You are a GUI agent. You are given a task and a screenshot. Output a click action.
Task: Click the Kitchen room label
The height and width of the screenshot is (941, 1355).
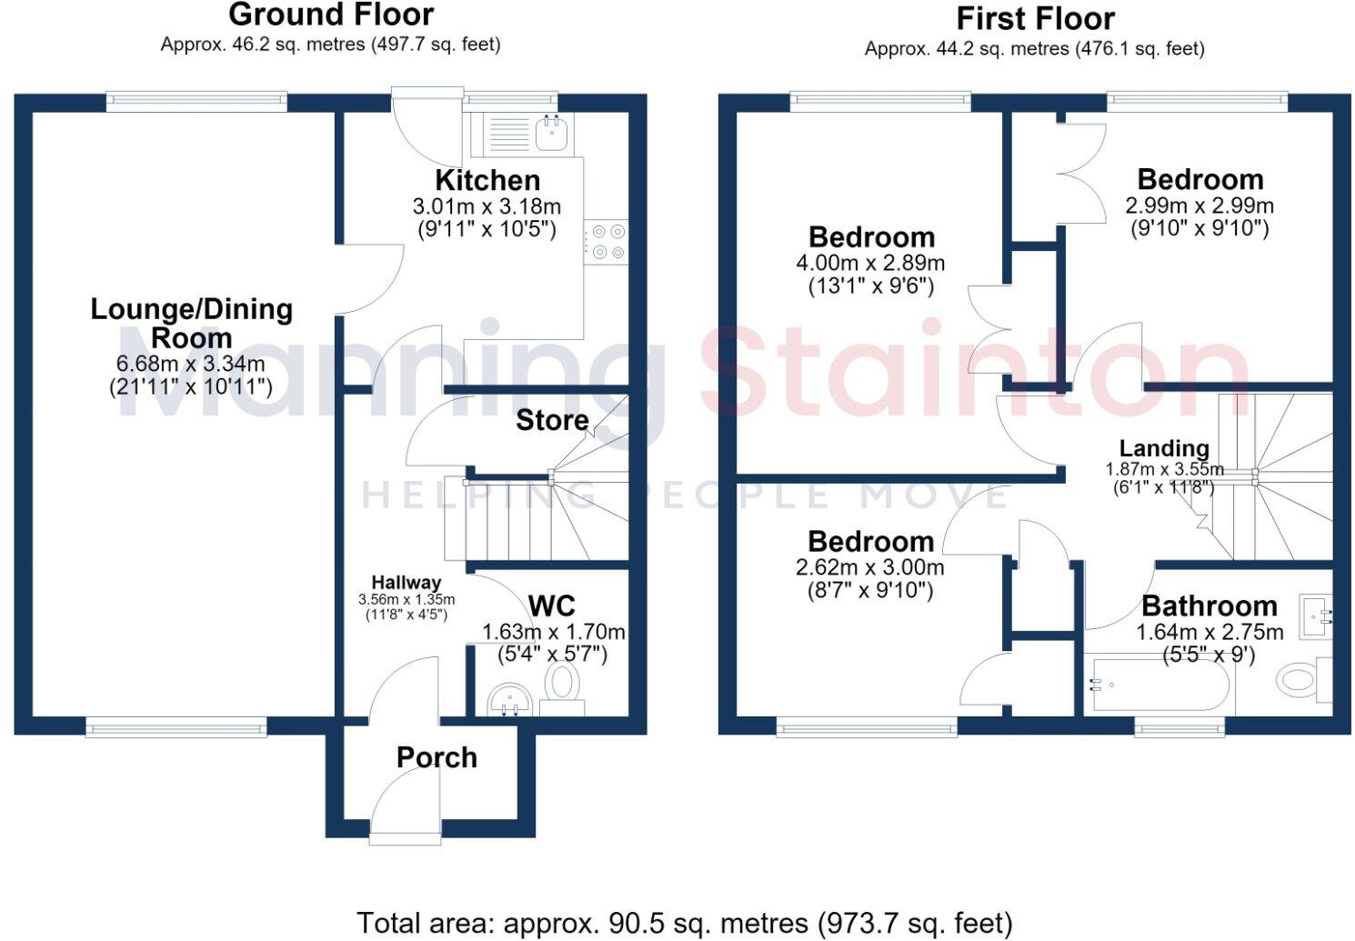[x=487, y=181]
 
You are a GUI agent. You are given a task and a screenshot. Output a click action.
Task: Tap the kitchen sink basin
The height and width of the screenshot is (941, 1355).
[x=551, y=133]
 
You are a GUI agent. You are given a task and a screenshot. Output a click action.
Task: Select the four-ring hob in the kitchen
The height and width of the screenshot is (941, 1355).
[x=607, y=242]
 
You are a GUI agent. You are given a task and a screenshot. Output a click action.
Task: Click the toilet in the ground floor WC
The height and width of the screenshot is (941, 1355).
[x=562, y=689]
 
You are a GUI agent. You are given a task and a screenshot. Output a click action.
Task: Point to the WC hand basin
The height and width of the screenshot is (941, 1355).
[x=509, y=700]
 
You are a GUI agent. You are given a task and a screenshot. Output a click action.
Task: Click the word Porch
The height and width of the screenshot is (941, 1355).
[x=437, y=757]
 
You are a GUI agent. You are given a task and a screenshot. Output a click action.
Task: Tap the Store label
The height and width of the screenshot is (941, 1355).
[x=552, y=420]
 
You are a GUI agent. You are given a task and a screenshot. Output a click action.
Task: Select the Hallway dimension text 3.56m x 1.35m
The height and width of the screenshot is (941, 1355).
[x=406, y=600]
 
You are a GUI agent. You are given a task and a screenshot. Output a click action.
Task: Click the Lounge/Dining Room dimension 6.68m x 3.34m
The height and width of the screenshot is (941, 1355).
[x=191, y=364]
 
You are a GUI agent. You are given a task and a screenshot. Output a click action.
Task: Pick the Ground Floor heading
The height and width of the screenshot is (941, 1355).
[x=331, y=15]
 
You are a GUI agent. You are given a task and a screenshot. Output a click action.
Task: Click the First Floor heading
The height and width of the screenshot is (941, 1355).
[x=1035, y=19]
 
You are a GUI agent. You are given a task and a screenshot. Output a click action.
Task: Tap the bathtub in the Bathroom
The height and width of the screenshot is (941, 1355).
[x=1159, y=686]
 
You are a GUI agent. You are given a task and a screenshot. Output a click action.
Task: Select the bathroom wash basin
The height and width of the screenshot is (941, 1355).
[x=1316, y=616]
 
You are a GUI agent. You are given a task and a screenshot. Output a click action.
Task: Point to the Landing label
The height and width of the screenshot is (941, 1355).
[x=1164, y=449]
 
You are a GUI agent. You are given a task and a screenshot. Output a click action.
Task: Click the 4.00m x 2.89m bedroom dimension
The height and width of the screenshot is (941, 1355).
[x=870, y=263]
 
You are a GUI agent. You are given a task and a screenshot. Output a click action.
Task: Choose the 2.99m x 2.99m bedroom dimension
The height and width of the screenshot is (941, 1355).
[x=1199, y=205]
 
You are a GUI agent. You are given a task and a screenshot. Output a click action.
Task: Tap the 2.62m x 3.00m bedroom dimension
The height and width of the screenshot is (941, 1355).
[x=870, y=567]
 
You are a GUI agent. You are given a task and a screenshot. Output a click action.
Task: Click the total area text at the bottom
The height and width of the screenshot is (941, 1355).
[x=684, y=924]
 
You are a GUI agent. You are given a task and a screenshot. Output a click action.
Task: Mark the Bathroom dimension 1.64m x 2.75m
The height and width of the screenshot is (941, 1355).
[x=1209, y=632]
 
